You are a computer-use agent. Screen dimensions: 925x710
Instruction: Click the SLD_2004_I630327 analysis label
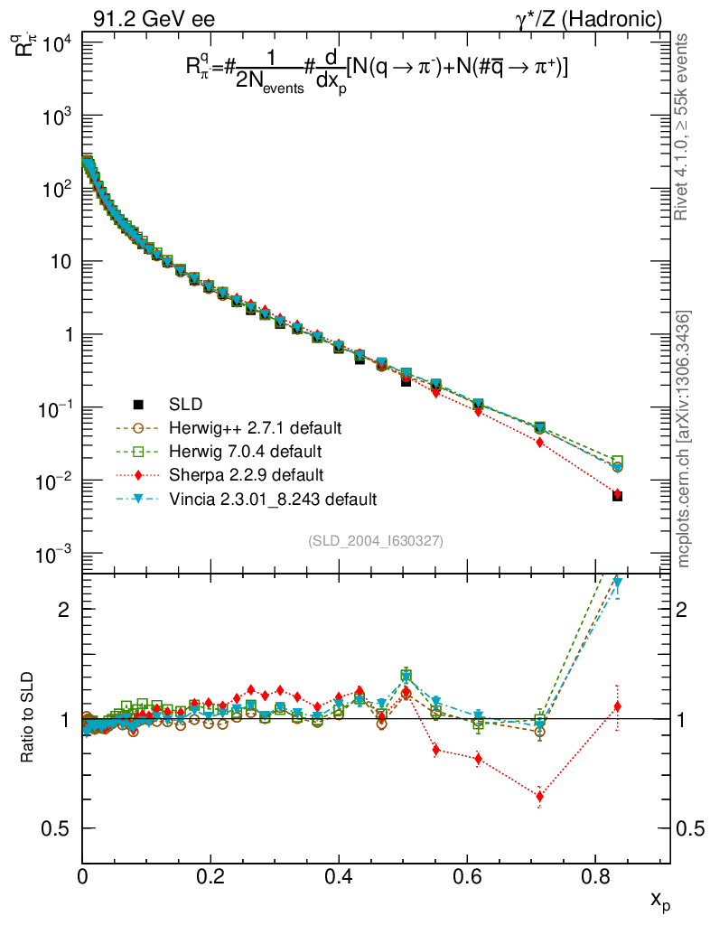[375, 540]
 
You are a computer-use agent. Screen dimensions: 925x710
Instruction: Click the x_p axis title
[659, 900]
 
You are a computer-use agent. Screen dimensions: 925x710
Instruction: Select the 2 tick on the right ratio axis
[684, 609]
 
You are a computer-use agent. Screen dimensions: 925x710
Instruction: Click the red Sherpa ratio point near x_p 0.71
[539, 796]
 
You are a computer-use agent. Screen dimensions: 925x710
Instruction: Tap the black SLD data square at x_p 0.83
[617, 496]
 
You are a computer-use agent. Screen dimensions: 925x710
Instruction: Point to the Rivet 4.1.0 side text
[686, 126]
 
